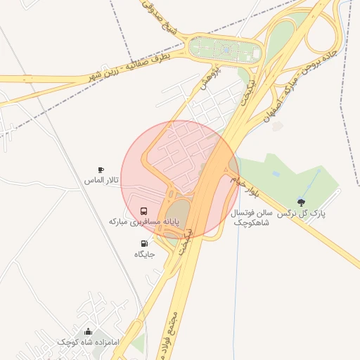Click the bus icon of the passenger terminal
144,210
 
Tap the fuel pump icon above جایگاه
144,243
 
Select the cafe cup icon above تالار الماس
101,170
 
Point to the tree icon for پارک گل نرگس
302,202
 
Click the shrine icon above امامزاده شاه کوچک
88,331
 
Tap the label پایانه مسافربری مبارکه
144,221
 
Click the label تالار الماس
101,181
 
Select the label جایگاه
144,254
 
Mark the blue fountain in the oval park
226,50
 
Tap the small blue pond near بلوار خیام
276,173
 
